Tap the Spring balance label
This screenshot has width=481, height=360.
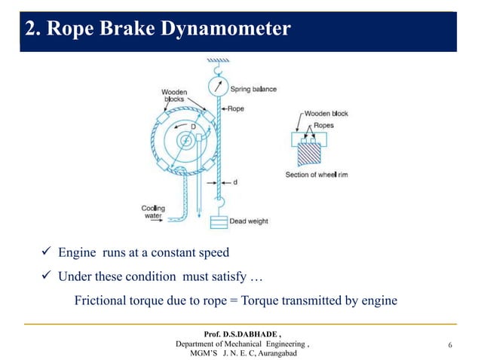click(253, 89)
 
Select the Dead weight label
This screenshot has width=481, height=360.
click(250, 221)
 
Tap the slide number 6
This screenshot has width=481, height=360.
click(450, 346)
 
